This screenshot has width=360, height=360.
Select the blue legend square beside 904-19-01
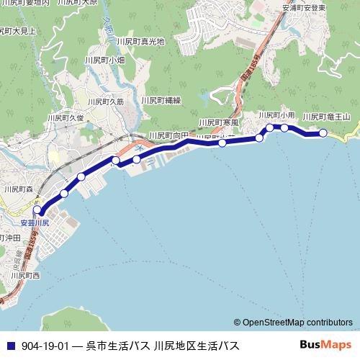point(10,346)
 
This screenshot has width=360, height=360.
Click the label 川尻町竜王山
point(325,117)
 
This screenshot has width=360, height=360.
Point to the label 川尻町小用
point(277,115)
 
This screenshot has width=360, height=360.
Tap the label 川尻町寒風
point(218,122)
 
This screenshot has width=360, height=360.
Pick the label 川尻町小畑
point(105,60)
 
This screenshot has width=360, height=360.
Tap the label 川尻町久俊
point(66,117)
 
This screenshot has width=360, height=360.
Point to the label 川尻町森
point(19,189)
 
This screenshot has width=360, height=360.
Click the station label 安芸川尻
point(35,223)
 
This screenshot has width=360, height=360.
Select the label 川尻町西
point(25,275)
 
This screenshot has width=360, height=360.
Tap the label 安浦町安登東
point(305,9)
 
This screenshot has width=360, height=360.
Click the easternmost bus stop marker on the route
point(323,132)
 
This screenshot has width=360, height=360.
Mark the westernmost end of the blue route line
point(41,213)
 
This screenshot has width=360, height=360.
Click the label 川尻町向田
point(168,135)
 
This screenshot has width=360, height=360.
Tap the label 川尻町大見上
point(18,32)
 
